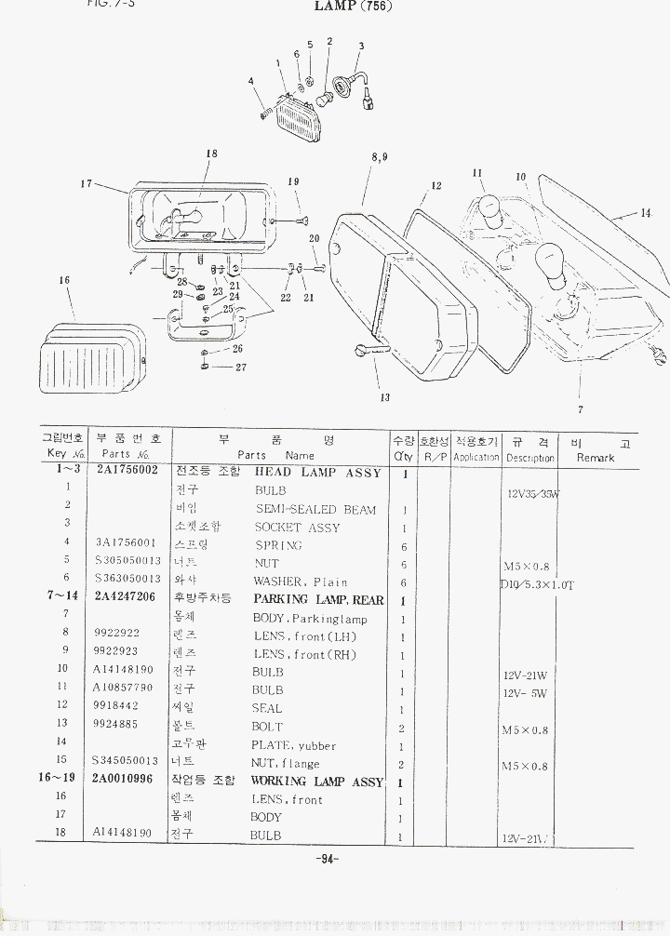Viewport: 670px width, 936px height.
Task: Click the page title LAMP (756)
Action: [x=354, y=7]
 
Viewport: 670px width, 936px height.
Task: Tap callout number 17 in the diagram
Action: [x=87, y=183]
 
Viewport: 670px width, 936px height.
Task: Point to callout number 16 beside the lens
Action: [x=64, y=280]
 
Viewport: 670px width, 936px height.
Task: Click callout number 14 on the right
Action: [x=646, y=213]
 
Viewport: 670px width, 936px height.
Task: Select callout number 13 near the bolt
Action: [x=384, y=397]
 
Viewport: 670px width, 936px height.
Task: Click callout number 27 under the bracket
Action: [x=240, y=368]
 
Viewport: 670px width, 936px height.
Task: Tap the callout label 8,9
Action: [x=380, y=157]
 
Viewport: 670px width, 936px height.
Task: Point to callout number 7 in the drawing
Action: [x=580, y=409]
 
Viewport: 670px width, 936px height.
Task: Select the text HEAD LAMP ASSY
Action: [x=317, y=473]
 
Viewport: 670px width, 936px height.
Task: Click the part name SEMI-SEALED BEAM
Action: [x=315, y=509]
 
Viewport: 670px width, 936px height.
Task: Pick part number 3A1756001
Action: [x=125, y=542]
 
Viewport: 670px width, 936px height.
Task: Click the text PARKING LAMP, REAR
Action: [x=318, y=600]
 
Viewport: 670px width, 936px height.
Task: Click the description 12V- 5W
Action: [x=527, y=693]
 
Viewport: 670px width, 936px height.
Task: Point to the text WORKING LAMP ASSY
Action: [x=316, y=782]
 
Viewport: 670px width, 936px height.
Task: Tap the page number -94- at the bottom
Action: [x=328, y=859]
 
